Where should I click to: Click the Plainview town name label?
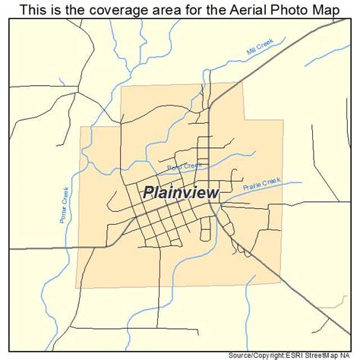181,193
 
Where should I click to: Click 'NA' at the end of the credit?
350,355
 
